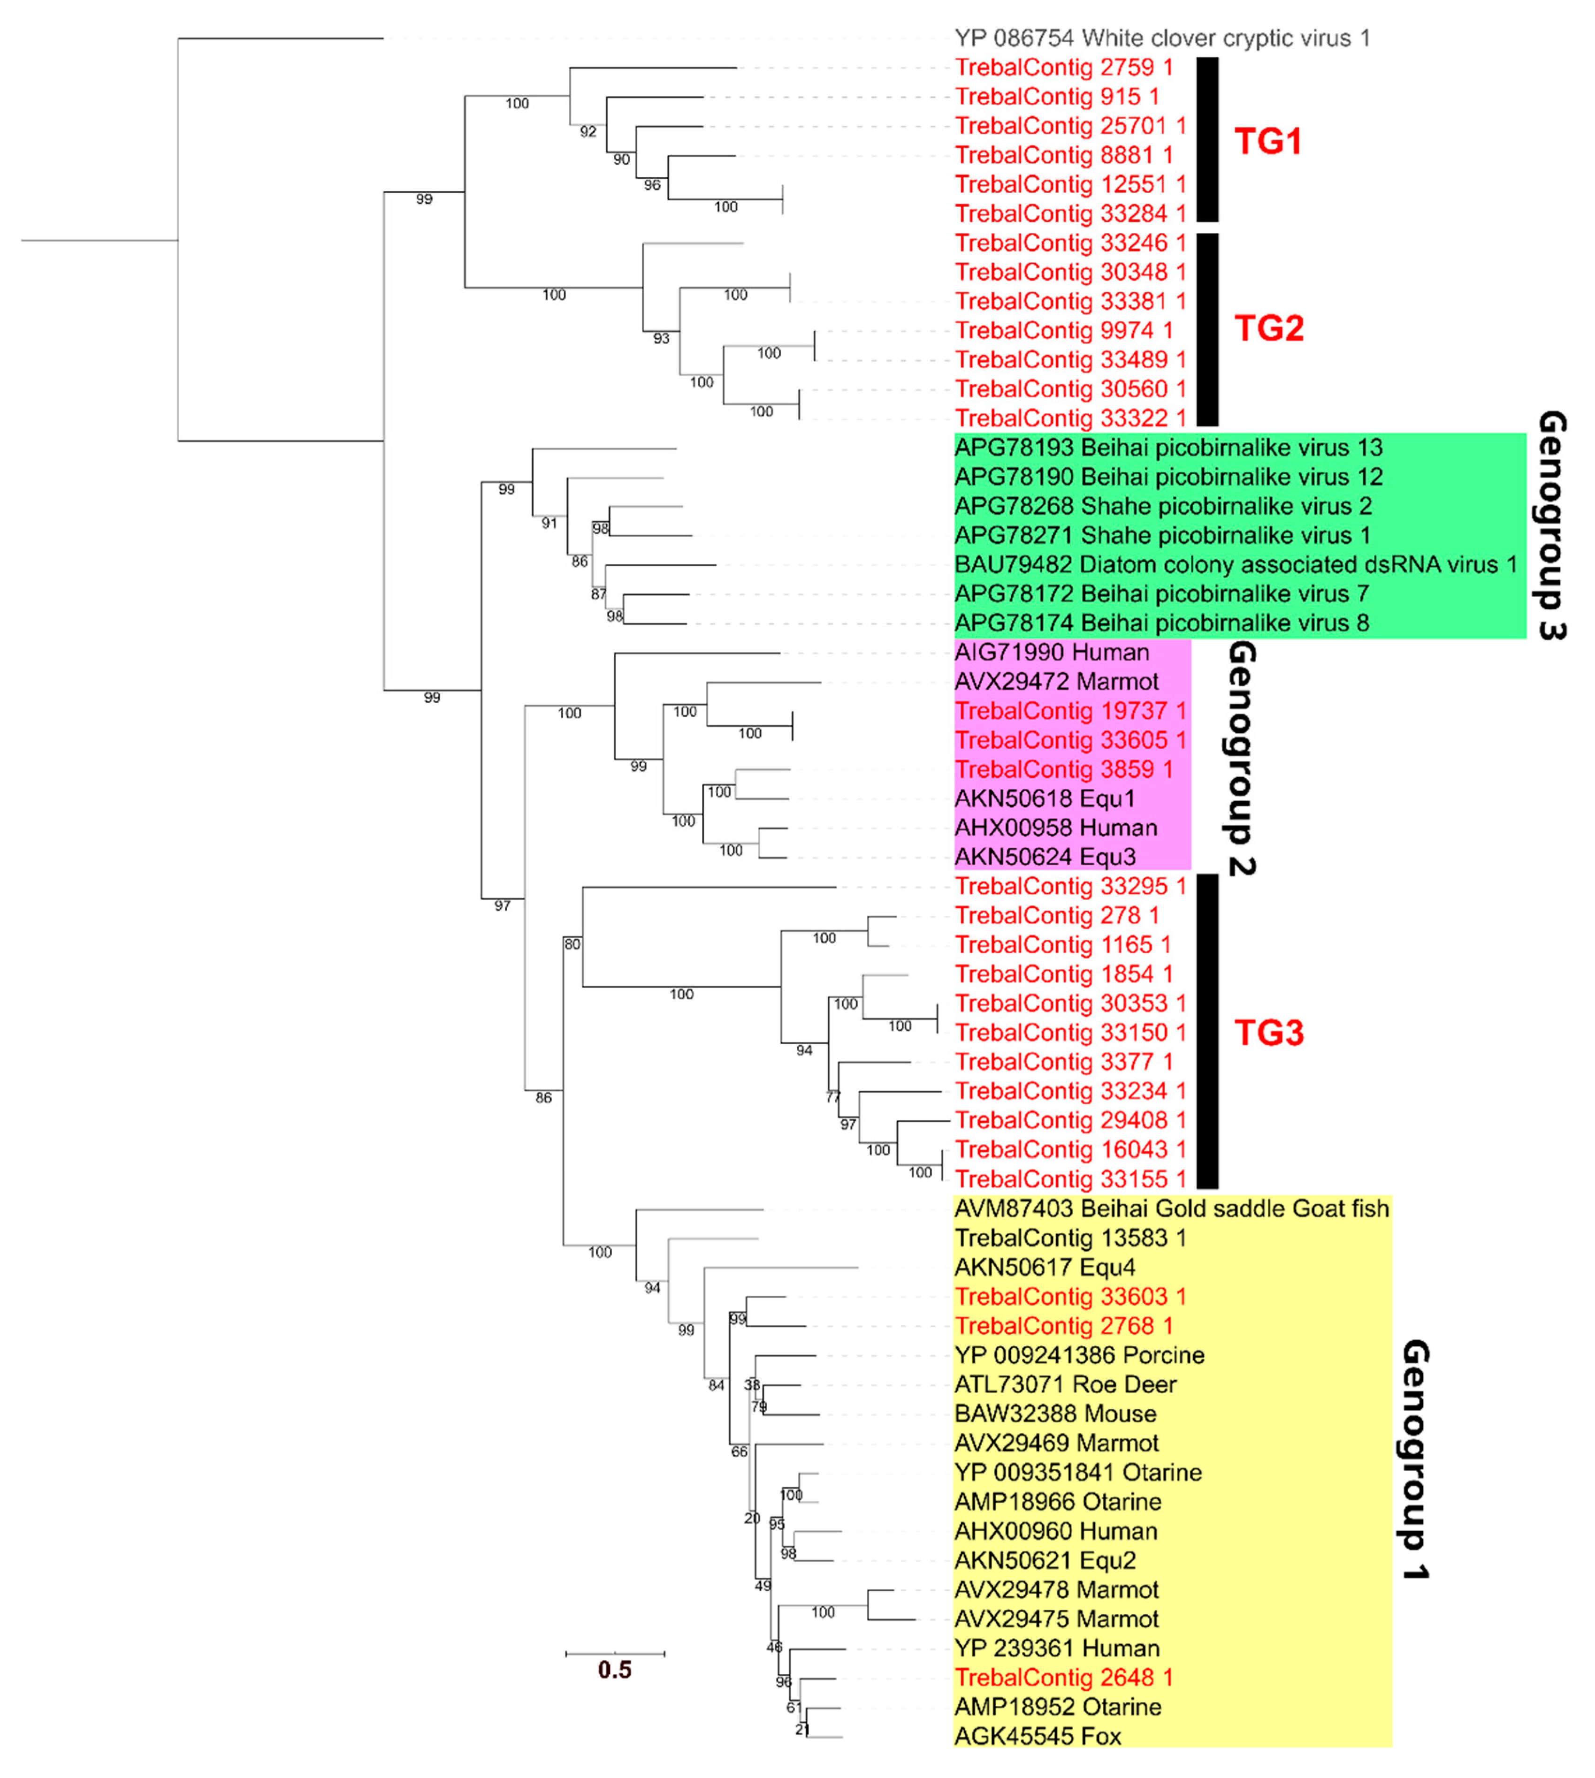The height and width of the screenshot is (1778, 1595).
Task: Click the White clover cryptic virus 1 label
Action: coord(1161,38)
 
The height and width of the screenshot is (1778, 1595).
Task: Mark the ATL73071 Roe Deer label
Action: coord(1065,1384)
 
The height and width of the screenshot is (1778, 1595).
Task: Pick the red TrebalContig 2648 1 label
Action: coord(1063,1677)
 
